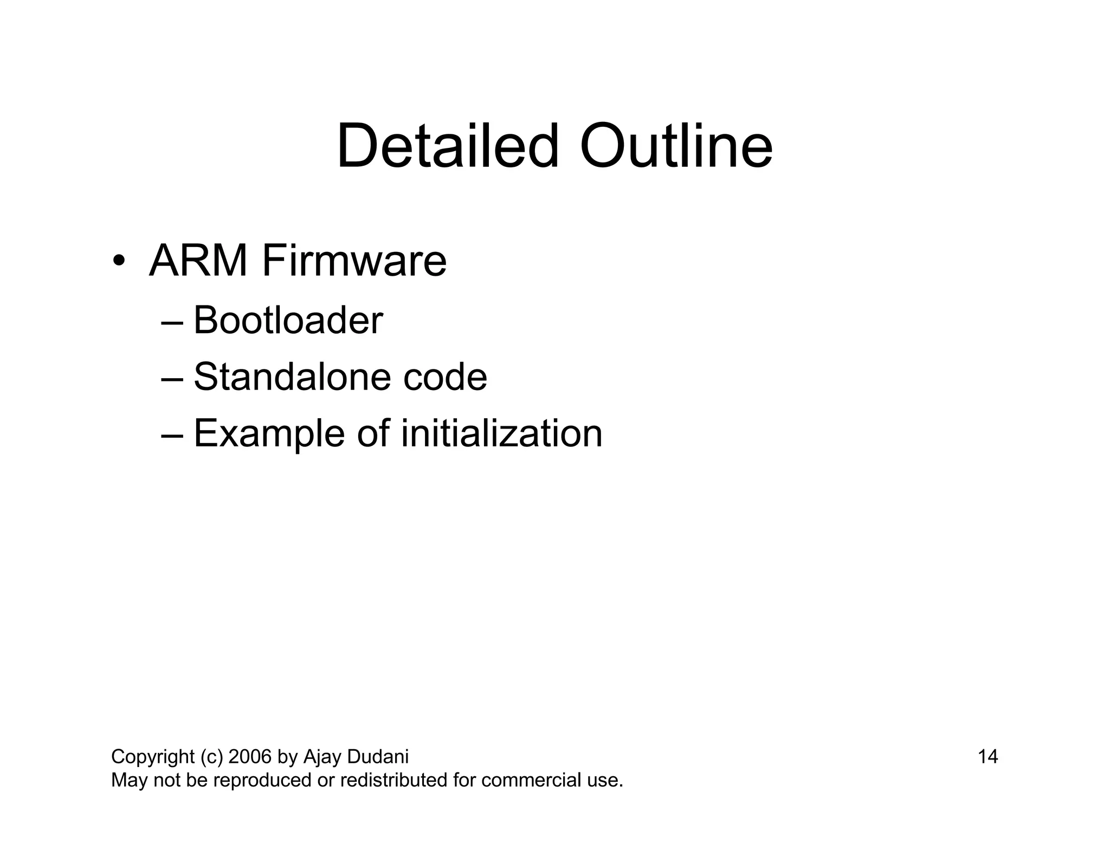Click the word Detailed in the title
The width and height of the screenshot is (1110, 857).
tap(447, 146)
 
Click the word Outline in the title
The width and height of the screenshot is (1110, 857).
tap(676, 146)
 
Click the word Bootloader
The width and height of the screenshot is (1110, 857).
tap(288, 320)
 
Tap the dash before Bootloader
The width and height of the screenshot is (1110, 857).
tap(172, 323)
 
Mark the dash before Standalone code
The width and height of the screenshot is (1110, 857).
tap(172, 379)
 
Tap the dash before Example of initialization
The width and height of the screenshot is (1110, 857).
tap(172, 436)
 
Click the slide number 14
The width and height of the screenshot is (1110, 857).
tap(988, 756)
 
